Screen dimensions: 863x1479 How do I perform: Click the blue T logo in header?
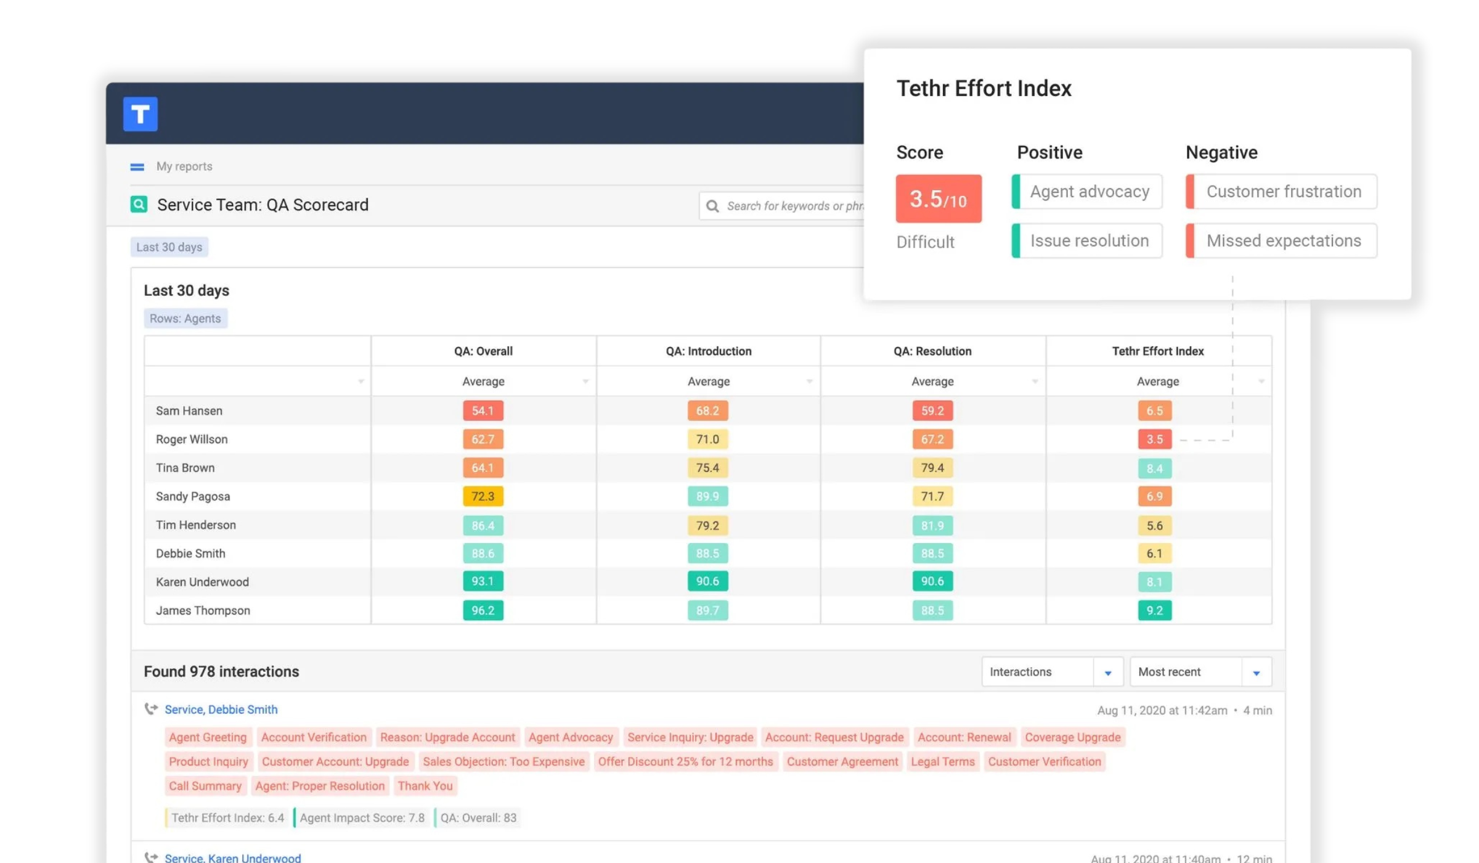(140, 114)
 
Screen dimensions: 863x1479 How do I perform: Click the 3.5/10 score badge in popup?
(938, 198)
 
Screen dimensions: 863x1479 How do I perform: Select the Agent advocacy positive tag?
(1088, 192)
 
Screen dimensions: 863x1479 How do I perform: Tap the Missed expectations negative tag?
(1282, 241)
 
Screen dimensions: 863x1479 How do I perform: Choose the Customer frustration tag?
(1282, 192)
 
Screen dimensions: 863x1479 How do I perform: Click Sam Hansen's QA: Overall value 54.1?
(483, 411)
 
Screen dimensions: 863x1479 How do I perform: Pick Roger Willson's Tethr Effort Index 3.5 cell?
(1154, 440)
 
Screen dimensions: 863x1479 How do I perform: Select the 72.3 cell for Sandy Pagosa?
(483, 496)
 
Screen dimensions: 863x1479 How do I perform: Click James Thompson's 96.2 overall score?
(483, 610)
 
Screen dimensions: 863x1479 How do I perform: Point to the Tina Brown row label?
(185, 468)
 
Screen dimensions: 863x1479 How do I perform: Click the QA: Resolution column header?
(932, 351)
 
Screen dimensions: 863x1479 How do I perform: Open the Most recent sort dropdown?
(1200, 672)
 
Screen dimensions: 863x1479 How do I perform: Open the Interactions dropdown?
(1051, 672)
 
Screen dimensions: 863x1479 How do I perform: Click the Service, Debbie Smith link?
(221, 710)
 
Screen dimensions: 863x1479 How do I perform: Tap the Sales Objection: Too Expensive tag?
(503, 762)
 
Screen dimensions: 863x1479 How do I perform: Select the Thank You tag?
(425, 786)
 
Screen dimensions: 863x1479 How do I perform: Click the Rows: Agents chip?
(185, 319)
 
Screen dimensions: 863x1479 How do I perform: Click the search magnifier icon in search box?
(712, 206)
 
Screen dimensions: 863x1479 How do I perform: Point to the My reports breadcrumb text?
(184, 166)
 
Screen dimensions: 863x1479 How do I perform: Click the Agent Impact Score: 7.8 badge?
(362, 818)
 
